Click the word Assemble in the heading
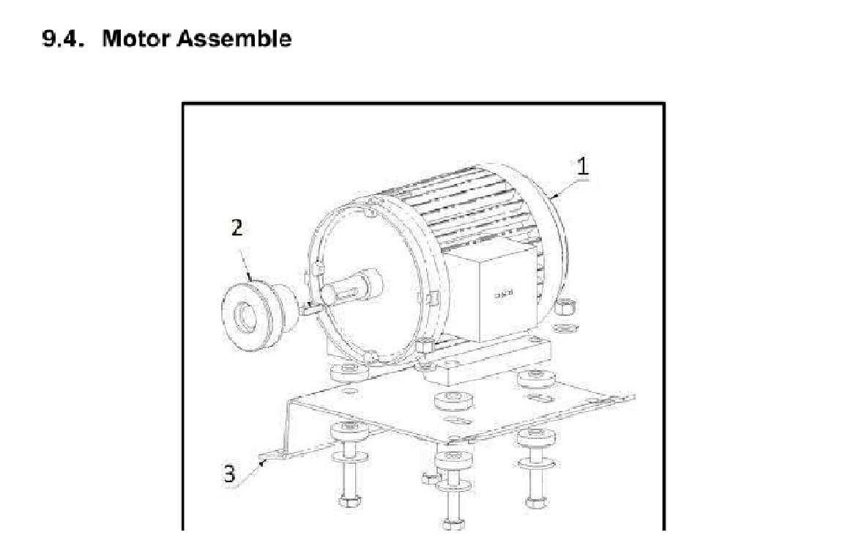click(x=235, y=39)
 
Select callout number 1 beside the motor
click(x=582, y=166)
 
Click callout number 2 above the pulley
click(x=236, y=228)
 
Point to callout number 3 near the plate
click(x=229, y=474)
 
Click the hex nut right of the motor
click(x=565, y=306)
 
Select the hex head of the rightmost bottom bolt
click(x=534, y=502)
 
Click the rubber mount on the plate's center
click(x=451, y=401)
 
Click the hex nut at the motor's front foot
click(x=423, y=345)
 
